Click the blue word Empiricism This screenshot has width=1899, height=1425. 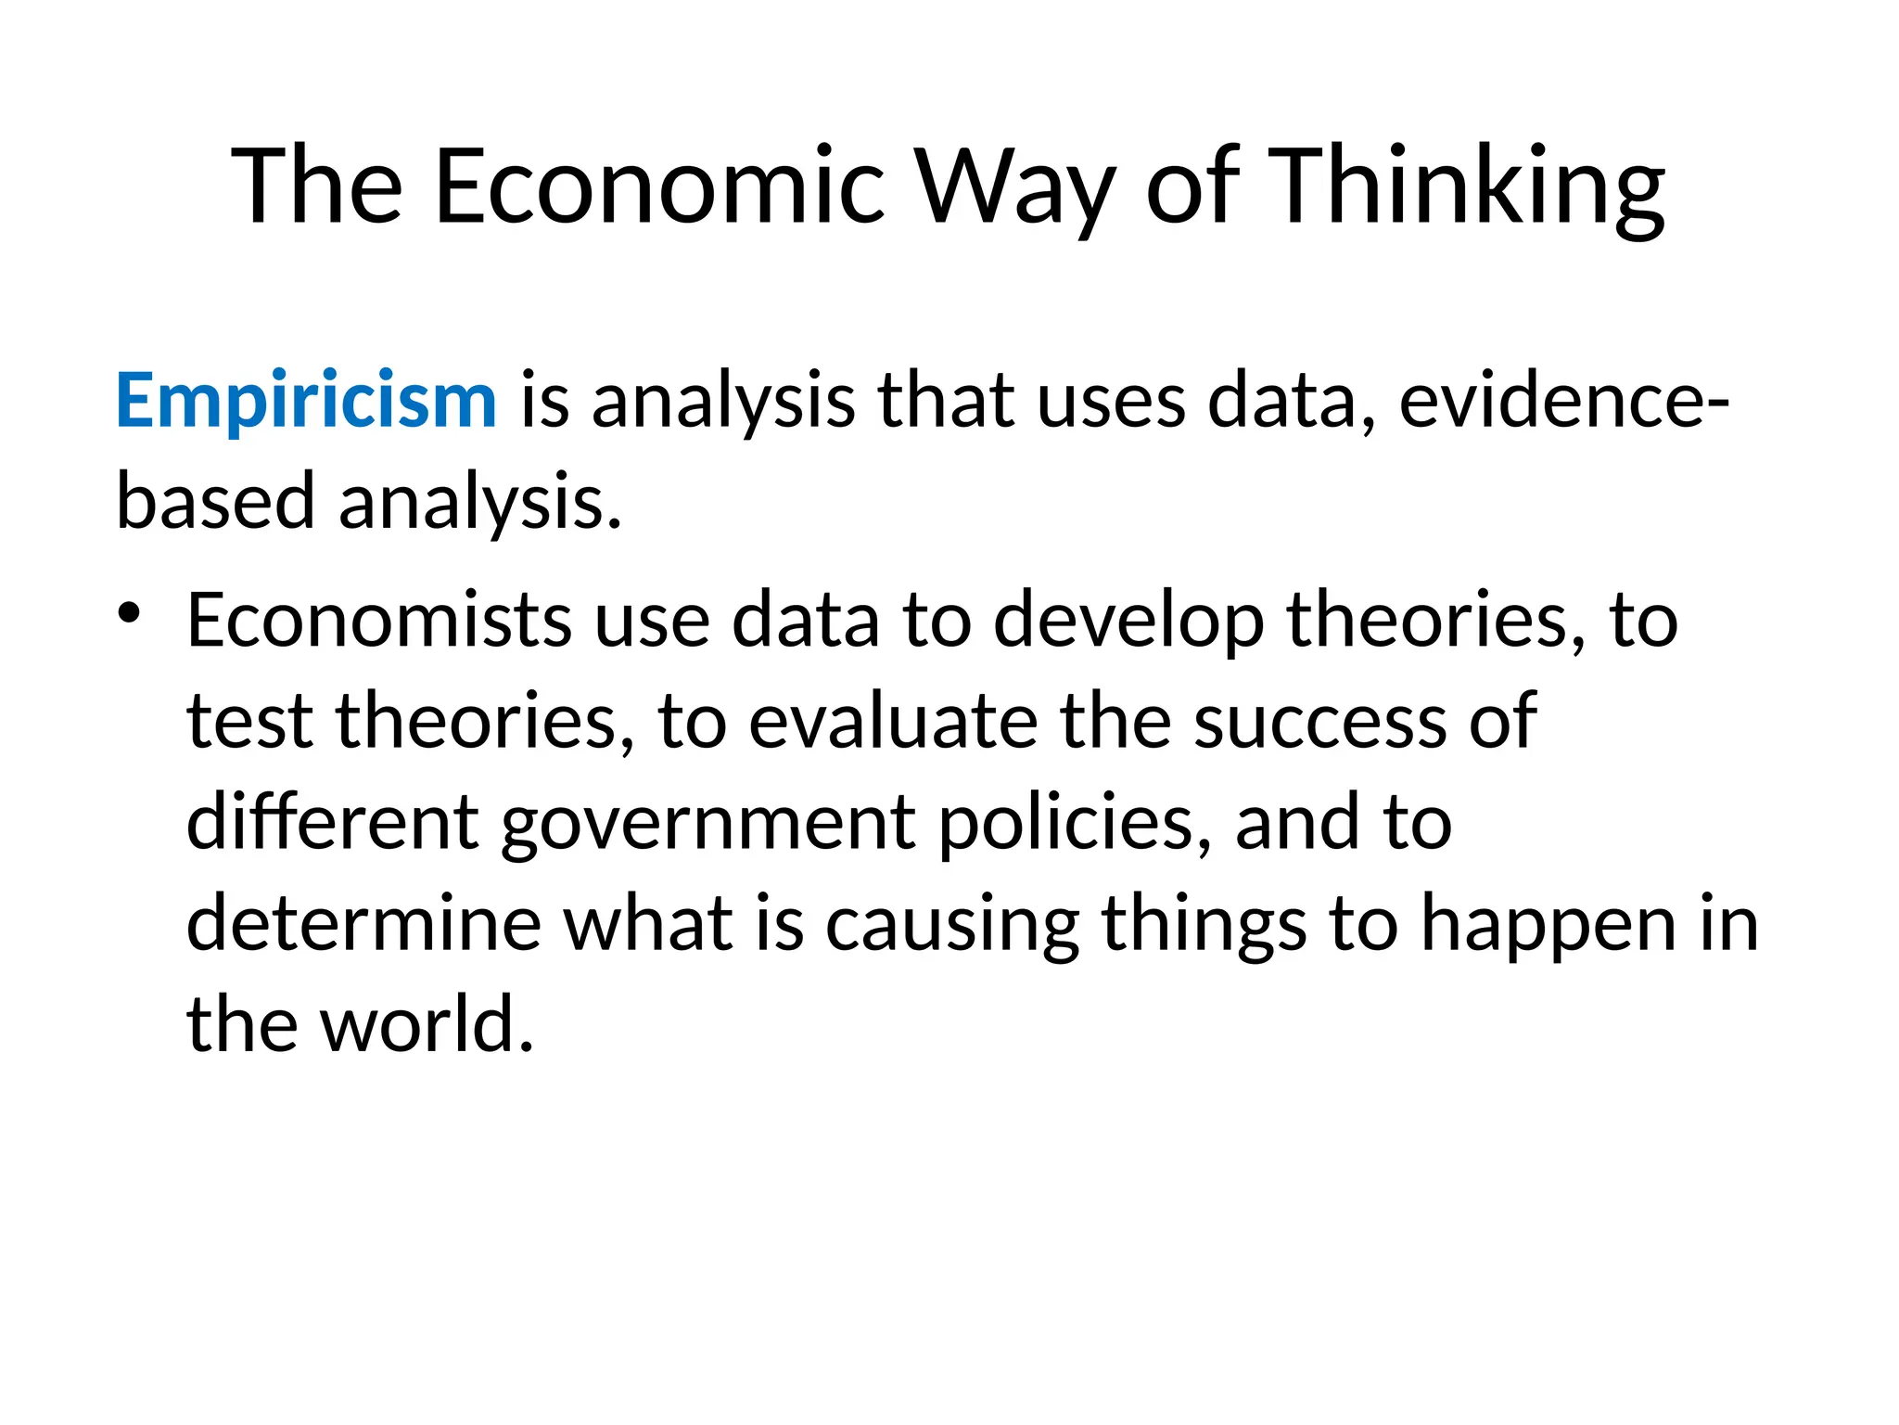point(306,401)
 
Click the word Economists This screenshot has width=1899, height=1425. point(378,620)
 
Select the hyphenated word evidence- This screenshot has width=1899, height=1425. point(1562,401)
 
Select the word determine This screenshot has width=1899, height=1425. point(363,923)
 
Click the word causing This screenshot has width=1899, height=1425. point(951,923)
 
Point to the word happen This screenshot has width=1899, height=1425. point(1549,923)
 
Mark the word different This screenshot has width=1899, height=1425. point(332,823)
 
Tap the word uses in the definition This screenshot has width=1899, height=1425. point(1110,401)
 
